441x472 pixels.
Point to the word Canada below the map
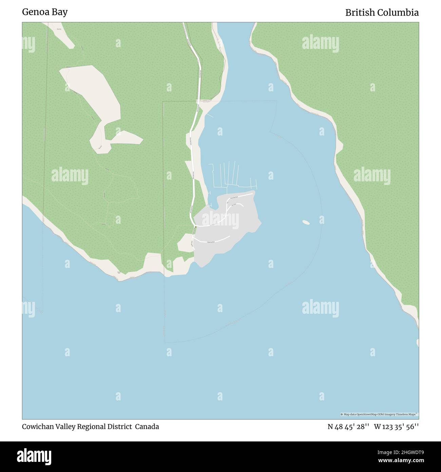click(147, 426)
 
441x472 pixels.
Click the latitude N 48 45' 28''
click(348, 426)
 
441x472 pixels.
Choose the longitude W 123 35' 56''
click(396, 426)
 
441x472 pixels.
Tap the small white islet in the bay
click(306, 222)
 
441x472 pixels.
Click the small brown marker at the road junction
click(195, 226)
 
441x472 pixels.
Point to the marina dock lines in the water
click(231, 175)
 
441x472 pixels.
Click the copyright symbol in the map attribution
click(342, 414)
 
